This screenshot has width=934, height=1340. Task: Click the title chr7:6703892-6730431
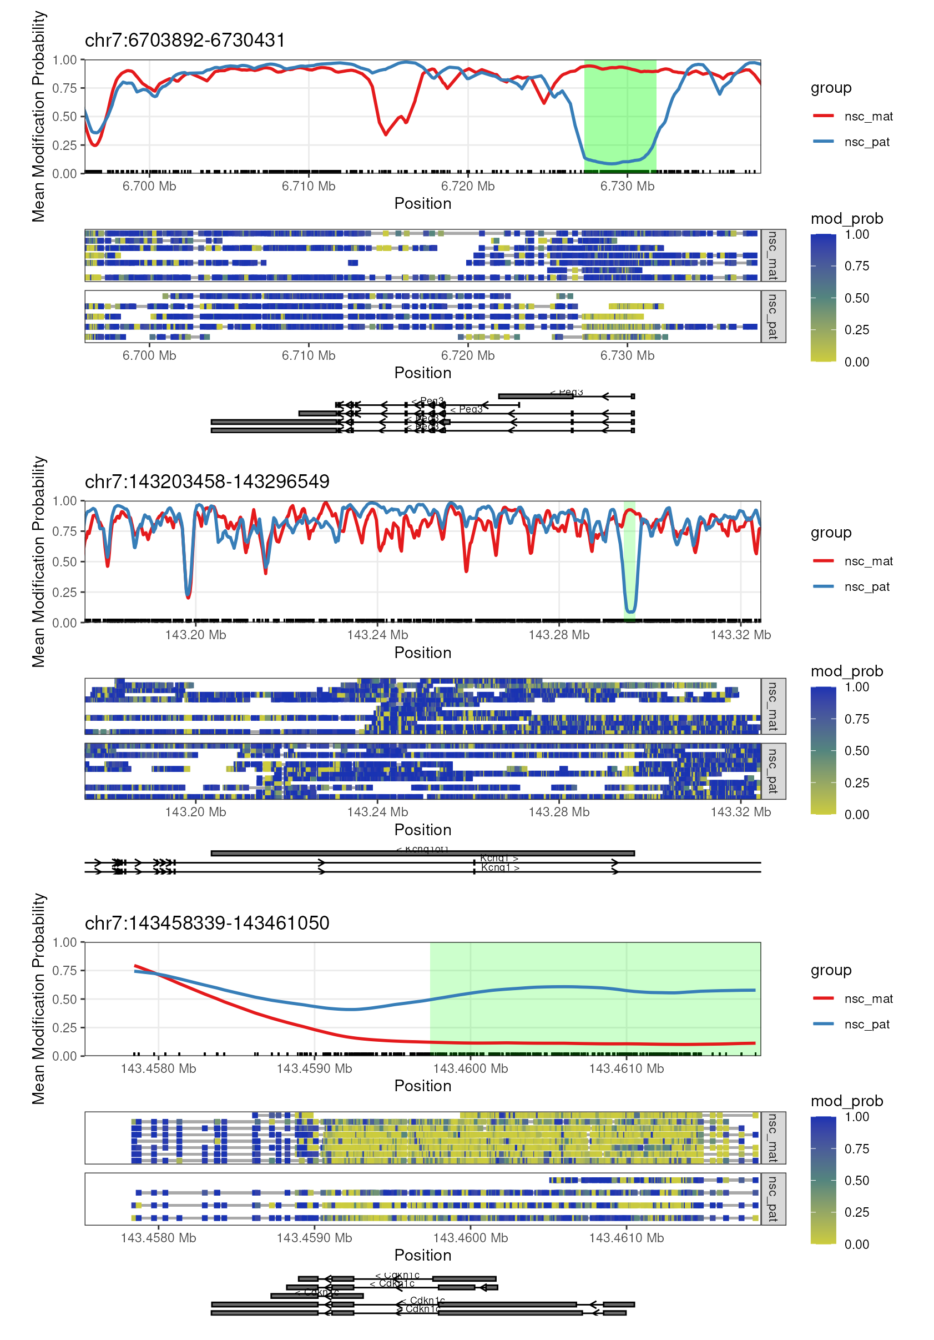tap(184, 41)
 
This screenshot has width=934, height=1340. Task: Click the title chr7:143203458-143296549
tap(206, 481)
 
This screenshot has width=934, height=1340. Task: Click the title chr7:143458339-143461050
tap(206, 923)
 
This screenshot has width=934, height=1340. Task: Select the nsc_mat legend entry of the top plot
tap(868, 116)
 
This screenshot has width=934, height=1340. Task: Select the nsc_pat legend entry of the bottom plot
tap(866, 1024)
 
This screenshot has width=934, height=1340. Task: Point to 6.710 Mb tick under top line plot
tap(308, 186)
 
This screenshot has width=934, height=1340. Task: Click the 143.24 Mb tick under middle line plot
tap(377, 634)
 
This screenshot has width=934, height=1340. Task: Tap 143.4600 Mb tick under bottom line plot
tap(470, 1068)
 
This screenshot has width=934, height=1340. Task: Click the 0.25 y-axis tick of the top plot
tap(64, 145)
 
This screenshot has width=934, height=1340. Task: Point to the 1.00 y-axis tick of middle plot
tap(64, 501)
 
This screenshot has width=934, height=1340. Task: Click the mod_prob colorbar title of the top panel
tap(846, 219)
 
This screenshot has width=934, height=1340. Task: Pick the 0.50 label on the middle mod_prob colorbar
tap(856, 751)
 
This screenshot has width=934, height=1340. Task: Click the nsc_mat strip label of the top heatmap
tap(773, 255)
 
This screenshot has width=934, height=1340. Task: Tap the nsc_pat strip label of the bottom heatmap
tap(773, 1198)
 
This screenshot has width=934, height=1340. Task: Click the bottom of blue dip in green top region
tap(612, 163)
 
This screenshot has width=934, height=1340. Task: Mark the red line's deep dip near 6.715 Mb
tap(386, 134)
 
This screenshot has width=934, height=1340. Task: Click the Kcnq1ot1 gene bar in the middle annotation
tap(422, 854)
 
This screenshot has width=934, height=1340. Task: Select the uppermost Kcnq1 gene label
tap(499, 858)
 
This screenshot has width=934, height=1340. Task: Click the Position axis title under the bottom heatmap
tap(422, 1255)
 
